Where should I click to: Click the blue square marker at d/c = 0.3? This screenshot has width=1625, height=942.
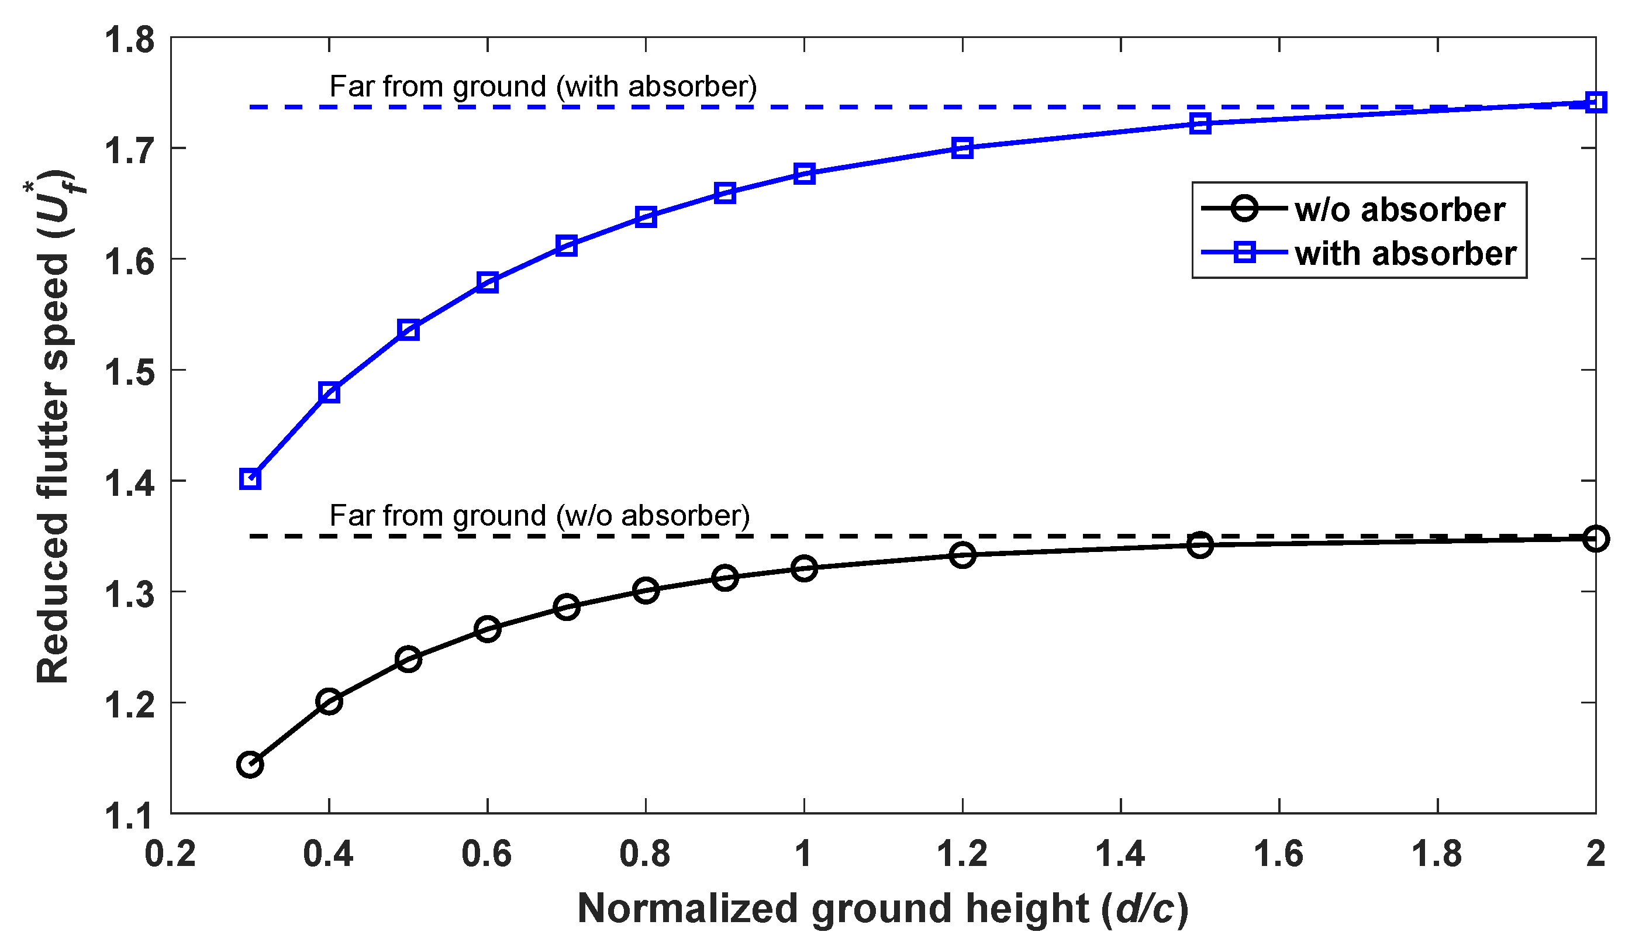tap(250, 479)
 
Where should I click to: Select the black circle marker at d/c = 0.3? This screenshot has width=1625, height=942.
tap(250, 765)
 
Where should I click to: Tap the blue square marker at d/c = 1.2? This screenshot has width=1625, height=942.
tap(962, 149)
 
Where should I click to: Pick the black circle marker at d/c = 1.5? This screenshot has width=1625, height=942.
tap(1200, 546)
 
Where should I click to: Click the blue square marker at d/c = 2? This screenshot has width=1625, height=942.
tap(1595, 102)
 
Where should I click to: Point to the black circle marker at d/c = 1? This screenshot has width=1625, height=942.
tap(804, 568)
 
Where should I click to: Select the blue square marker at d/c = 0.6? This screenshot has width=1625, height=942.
tap(488, 282)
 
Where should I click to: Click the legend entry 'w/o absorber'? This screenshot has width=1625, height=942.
tap(1399, 210)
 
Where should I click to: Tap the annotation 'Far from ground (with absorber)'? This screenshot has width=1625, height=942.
tap(543, 87)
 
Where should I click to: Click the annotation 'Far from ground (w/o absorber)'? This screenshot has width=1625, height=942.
tap(540, 516)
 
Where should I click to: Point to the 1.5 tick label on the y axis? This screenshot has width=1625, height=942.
tap(130, 372)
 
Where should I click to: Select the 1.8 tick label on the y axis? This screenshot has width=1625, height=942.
tap(130, 40)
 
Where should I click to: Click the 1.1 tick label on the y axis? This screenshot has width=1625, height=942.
tap(130, 815)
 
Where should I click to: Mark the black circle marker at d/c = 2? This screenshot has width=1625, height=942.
tap(1595, 539)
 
